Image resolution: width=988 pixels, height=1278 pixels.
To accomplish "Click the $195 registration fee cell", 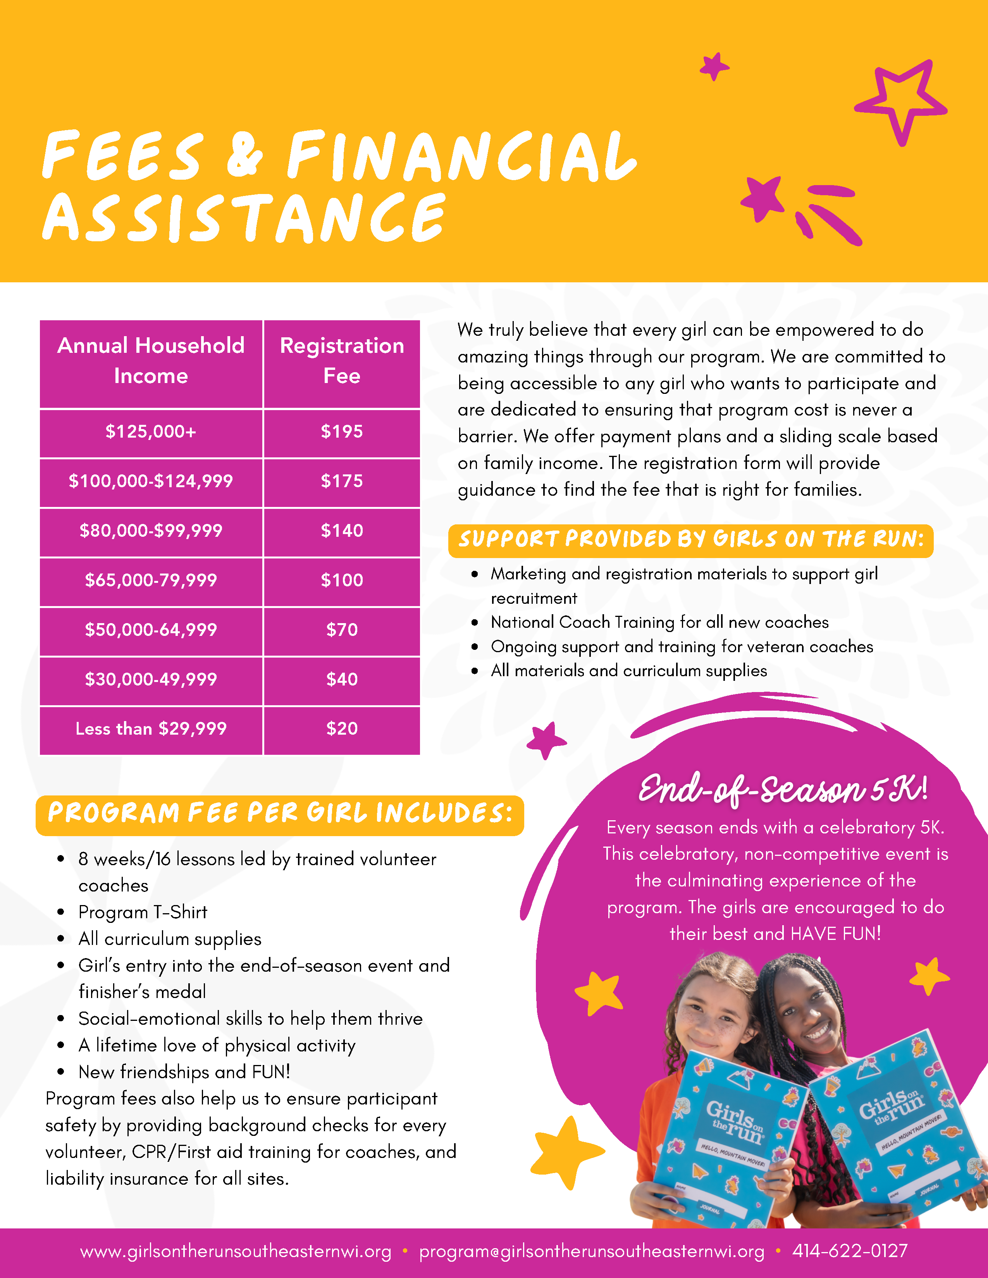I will click(x=342, y=432).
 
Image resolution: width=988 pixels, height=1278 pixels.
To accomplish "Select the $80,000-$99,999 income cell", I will click(x=151, y=531).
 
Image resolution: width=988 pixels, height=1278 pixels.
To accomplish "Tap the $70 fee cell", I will click(x=342, y=630).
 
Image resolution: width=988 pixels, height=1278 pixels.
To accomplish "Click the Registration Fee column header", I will click(x=342, y=361).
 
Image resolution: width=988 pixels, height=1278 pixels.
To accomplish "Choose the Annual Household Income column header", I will click(x=151, y=361).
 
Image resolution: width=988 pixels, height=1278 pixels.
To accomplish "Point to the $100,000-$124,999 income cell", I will click(x=151, y=481).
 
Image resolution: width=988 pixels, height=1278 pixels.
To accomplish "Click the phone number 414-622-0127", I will click(x=850, y=1251).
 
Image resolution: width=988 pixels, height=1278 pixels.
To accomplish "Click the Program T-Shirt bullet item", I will click(x=143, y=912).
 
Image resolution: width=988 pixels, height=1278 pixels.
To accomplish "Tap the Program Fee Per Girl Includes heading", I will click(x=280, y=813).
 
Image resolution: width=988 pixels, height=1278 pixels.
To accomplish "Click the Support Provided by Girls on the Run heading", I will click(x=691, y=539).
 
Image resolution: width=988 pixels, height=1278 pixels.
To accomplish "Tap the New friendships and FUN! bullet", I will click(x=184, y=1072).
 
